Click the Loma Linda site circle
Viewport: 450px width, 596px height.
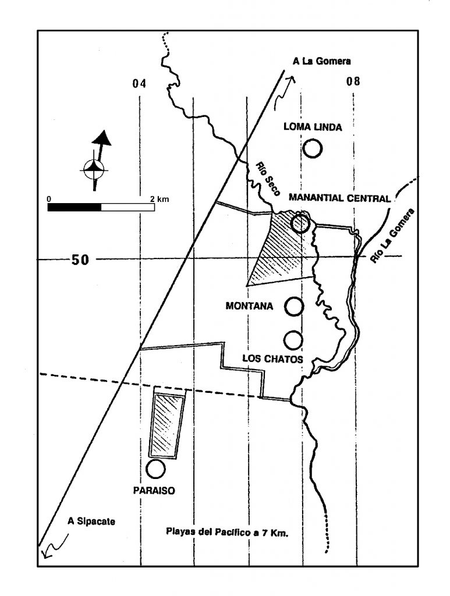coord(313,140)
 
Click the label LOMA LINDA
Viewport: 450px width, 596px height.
coord(313,127)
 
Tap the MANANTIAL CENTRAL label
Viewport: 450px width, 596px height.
coord(340,198)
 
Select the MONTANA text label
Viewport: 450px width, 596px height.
coord(249,306)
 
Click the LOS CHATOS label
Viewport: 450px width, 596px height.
coord(273,359)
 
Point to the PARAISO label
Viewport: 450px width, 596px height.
coord(154,491)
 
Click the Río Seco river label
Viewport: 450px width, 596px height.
coord(268,179)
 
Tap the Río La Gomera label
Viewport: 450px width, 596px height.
coord(392,236)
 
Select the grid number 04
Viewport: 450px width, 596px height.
coord(139,83)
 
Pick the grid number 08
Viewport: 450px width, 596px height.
coord(353,81)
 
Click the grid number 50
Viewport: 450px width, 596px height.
coord(80,260)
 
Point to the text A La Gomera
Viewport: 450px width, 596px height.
coord(321,61)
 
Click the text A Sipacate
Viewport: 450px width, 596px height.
coord(91,521)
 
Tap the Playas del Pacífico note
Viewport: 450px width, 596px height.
coord(227,533)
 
